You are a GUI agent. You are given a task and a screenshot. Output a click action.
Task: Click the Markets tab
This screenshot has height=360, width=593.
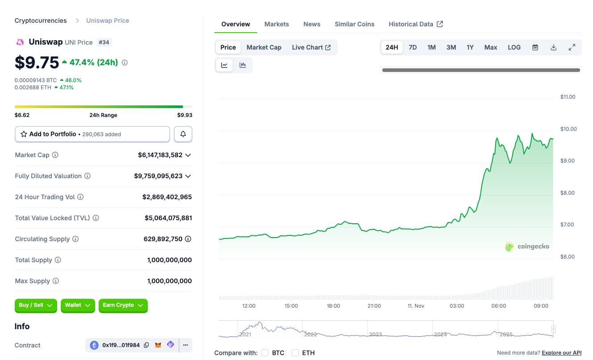[x=276, y=24]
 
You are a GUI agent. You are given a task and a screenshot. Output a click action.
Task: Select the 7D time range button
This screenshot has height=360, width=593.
[x=413, y=47]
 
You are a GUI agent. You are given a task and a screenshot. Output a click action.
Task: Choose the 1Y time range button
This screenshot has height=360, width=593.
[x=470, y=47]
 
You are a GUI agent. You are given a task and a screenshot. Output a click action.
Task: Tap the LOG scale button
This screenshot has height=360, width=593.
[x=514, y=47]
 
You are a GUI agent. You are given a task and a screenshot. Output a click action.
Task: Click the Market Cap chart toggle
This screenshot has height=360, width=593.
[x=264, y=47]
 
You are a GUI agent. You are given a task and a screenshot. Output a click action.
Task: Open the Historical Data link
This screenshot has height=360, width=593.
[x=415, y=24]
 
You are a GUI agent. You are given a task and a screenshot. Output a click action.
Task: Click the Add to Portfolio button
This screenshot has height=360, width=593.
[x=92, y=134]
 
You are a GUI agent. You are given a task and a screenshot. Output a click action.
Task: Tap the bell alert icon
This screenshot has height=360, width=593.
[x=183, y=134]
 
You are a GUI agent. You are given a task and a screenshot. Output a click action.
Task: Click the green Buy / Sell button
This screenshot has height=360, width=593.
[x=36, y=306]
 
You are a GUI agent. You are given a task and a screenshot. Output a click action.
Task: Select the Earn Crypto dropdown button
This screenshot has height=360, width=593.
[x=123, y=306]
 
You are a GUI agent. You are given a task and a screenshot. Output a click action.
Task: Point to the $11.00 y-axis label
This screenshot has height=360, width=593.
[x=568, y=97]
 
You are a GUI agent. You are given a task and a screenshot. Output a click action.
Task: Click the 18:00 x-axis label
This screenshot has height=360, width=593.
[x=333, y=306]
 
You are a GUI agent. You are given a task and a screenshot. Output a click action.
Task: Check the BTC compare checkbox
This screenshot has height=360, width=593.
[x=265, y=353]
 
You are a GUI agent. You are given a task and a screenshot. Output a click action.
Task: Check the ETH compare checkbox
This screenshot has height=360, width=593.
[x=295, y=353]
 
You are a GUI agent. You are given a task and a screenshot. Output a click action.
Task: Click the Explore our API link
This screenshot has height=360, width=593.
[x=561, y=353]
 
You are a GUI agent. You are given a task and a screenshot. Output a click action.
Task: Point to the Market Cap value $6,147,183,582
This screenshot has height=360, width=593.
[x=160, y=155]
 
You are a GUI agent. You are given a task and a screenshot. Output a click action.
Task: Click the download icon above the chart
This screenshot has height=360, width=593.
[x=553, y=47]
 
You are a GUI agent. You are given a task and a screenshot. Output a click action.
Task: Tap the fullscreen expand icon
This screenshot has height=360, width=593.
[x=572, y=47]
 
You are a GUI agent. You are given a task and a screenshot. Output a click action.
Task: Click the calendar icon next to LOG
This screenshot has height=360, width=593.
[x=535, y=47]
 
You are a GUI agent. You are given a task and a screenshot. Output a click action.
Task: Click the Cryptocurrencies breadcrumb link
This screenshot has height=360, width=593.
[x=41, y=21]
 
